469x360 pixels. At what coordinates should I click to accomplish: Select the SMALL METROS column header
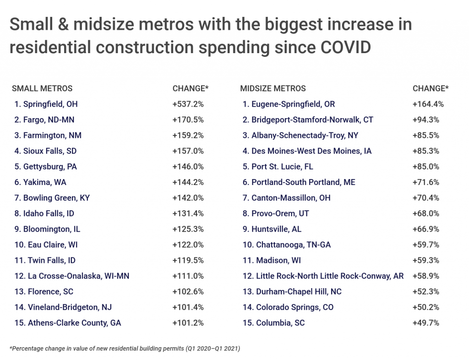pos(42,88)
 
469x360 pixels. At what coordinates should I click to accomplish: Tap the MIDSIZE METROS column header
pos(273,88)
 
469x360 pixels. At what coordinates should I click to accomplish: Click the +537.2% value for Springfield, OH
pos(188,104)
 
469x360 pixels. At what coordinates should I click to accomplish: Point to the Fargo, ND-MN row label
pos(44,120)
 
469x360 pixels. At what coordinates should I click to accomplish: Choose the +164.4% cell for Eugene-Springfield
pos(428,104)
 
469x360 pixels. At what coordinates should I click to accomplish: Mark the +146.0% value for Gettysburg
pos(188,166)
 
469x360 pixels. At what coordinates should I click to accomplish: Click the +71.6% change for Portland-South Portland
pos(426,182)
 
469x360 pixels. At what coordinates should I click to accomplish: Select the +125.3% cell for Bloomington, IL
pos(188,229)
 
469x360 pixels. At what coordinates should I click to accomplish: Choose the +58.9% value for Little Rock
pos(426,276)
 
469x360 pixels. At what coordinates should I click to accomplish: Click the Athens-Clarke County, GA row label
pos(67,322)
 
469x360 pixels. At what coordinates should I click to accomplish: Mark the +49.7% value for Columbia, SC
pos(426,322)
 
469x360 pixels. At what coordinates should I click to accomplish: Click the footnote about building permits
pos(125,349)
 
